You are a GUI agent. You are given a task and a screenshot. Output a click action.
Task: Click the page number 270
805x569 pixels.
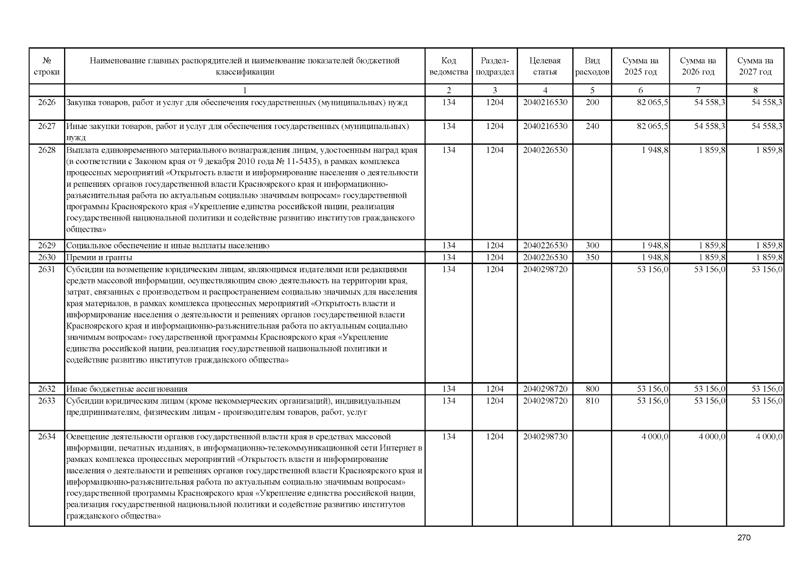(x=744, y=538)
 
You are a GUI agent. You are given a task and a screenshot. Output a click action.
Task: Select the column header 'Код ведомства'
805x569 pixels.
(x=448, y=66)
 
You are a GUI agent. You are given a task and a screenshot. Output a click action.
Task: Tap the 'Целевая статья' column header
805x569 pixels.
(x=545, y=66)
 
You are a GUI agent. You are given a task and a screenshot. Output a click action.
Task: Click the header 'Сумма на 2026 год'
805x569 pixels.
(x=698, y=66)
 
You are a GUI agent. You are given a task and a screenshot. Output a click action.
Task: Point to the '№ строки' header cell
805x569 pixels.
(x=46, y=66)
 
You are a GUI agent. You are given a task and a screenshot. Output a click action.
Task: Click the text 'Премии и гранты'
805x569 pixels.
(x=99, y=257)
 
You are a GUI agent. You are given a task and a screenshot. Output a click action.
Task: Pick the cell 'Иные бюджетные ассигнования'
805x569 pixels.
(x=127, y=389)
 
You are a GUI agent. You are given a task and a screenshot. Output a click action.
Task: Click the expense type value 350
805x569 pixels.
(x=592, y=257)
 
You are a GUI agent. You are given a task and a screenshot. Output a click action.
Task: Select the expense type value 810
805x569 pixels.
(x=592, y=401)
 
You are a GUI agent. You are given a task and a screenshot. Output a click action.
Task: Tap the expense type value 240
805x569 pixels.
(x=592, y=127)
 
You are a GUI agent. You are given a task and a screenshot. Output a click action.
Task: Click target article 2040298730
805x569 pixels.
(x=545, y=437)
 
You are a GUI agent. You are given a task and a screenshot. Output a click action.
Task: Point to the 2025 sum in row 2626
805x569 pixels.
(x=652, y=102)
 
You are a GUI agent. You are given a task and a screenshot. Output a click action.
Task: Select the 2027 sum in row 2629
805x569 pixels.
(x=769, y=246)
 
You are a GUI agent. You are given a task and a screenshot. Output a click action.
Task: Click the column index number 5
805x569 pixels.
(x=592, y=90)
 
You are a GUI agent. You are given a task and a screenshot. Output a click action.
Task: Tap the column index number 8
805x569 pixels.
(x=755, y=90)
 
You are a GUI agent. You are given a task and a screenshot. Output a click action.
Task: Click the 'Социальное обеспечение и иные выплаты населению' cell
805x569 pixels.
(x=168, y=246)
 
